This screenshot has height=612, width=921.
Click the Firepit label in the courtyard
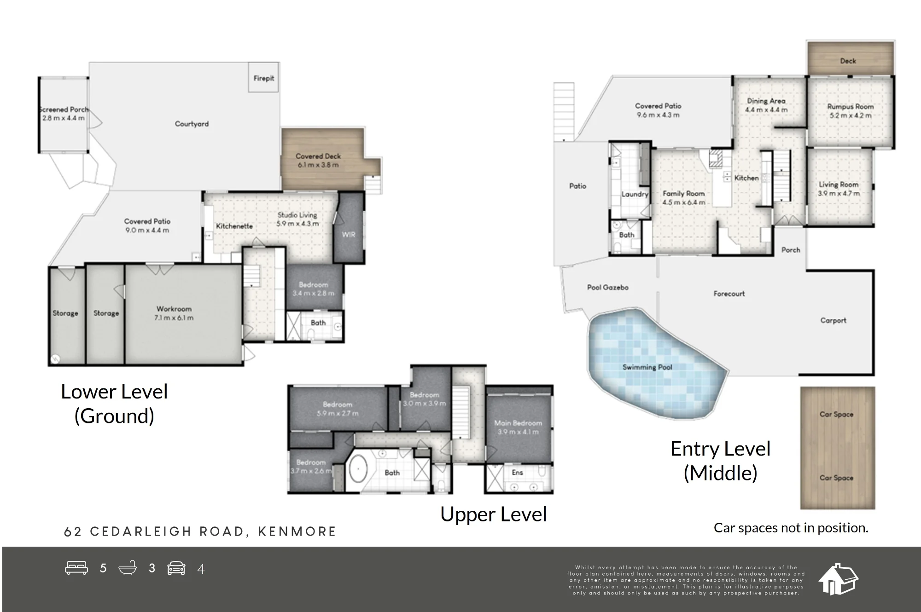264,78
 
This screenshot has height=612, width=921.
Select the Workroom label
174,309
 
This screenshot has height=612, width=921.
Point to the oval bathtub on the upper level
357,469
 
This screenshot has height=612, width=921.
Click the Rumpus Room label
851,106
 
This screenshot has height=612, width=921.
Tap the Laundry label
635,194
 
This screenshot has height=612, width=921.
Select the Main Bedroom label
518,423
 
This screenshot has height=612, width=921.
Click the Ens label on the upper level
518,473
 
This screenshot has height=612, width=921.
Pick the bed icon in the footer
76,568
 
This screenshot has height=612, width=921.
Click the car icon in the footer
176,568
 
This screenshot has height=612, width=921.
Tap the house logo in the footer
838,579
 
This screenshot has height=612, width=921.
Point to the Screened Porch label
64,110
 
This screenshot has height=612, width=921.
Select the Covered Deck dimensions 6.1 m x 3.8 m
318,165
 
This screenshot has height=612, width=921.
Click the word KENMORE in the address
297,531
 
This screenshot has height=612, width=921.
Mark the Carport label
834,320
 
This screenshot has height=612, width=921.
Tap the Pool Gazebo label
608,287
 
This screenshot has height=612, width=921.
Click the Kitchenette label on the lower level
234,226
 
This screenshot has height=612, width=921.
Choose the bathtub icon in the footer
128,568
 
